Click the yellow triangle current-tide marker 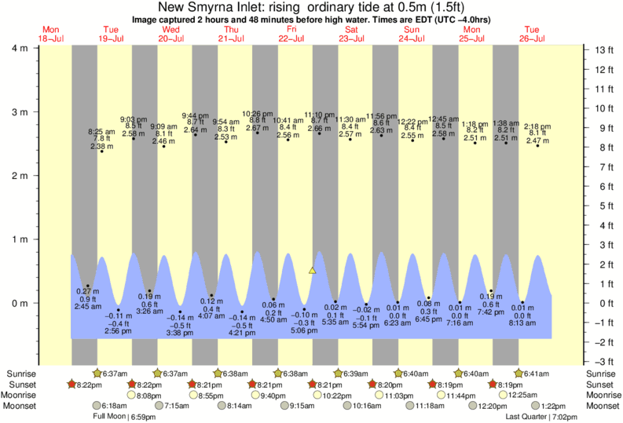312,271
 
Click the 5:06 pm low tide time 304,330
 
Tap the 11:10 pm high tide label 319,114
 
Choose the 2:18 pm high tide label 537,126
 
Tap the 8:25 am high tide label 101,132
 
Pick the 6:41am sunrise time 533,374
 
